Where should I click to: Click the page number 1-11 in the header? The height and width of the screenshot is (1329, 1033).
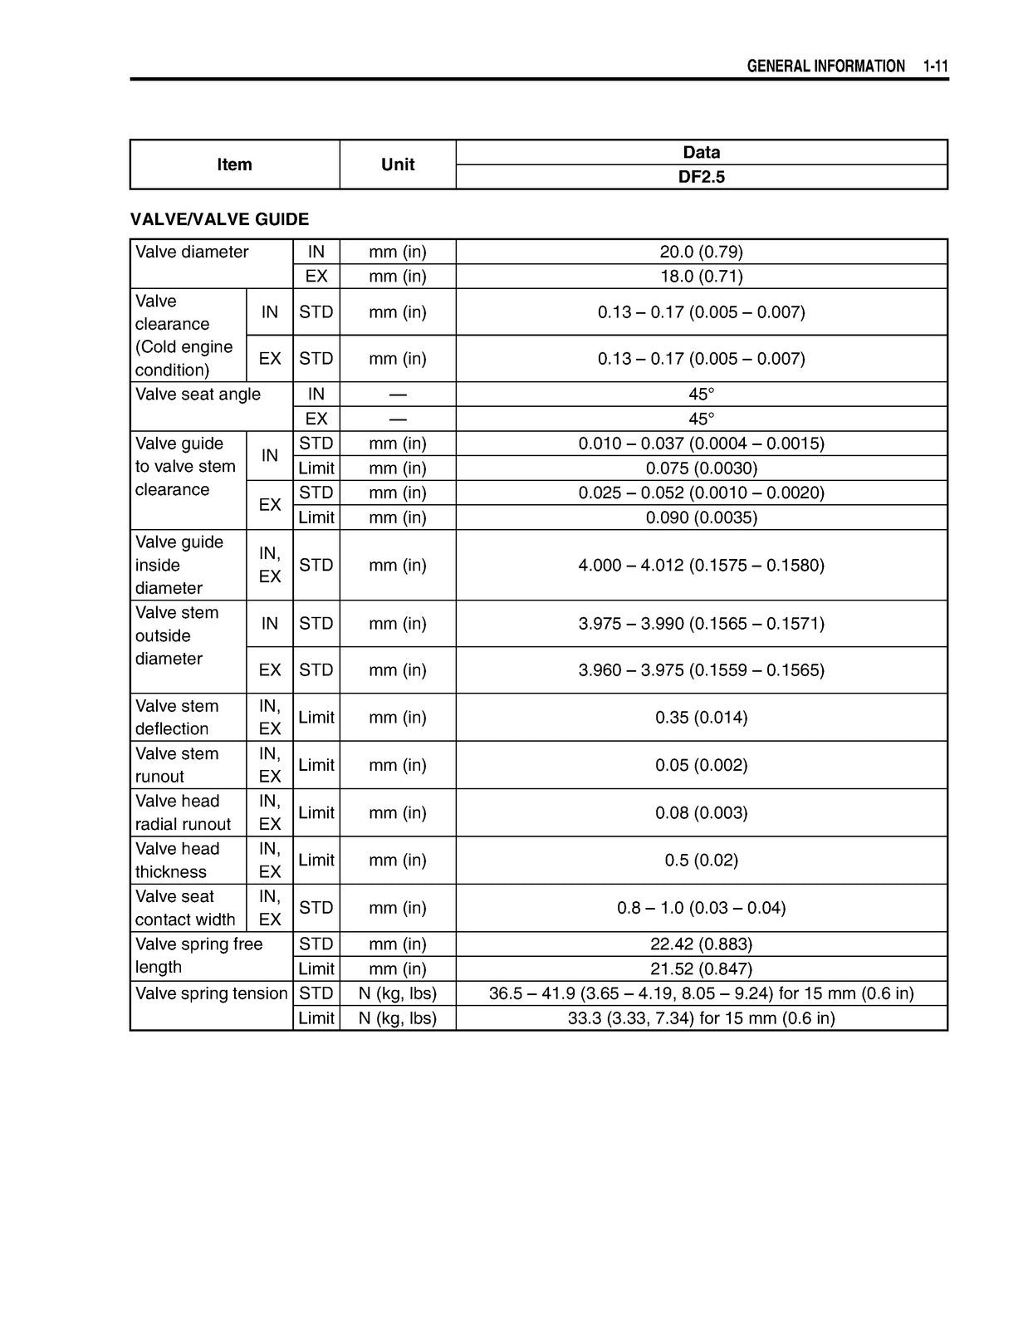click(x=935, y=66)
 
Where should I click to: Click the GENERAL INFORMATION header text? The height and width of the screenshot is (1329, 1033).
click(x=825, y=66)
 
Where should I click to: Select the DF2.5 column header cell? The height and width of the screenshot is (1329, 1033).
click(x=701, y=177)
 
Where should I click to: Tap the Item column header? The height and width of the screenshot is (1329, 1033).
click(x=234, y=164)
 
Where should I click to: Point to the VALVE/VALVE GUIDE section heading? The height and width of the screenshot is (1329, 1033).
click(x=219, y=219)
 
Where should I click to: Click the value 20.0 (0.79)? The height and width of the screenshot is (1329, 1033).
click(x=701, y=252)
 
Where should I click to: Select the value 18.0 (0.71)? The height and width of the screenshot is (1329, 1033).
click(x=701, y=276)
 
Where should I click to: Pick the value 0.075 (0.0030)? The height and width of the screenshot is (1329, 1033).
click(x=701, y=468)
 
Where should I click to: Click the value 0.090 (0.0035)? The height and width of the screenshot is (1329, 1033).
click(x=701, y=517)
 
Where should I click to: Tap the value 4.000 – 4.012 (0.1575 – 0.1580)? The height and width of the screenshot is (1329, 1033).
click(x=701, y=565)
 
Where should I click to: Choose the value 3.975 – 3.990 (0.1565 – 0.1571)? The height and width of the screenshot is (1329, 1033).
click(x=701, y=623)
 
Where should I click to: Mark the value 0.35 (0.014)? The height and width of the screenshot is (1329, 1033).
click(x=701, y=717)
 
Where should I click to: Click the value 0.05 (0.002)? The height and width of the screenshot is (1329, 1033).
click(x=701, y=765)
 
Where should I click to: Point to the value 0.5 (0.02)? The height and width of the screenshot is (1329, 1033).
click(x=701, y=860)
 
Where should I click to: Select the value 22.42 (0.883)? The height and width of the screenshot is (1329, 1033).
click(x=701, y=944)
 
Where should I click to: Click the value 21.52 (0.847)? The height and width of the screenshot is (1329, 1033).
click(x=701, y=969)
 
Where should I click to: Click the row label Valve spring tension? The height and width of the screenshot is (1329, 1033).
click(x=211, y=993)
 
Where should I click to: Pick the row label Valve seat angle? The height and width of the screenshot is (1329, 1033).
click(x=198, y=395)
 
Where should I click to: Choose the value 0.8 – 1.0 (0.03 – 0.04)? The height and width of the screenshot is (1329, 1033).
click(x=701, y=908)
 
